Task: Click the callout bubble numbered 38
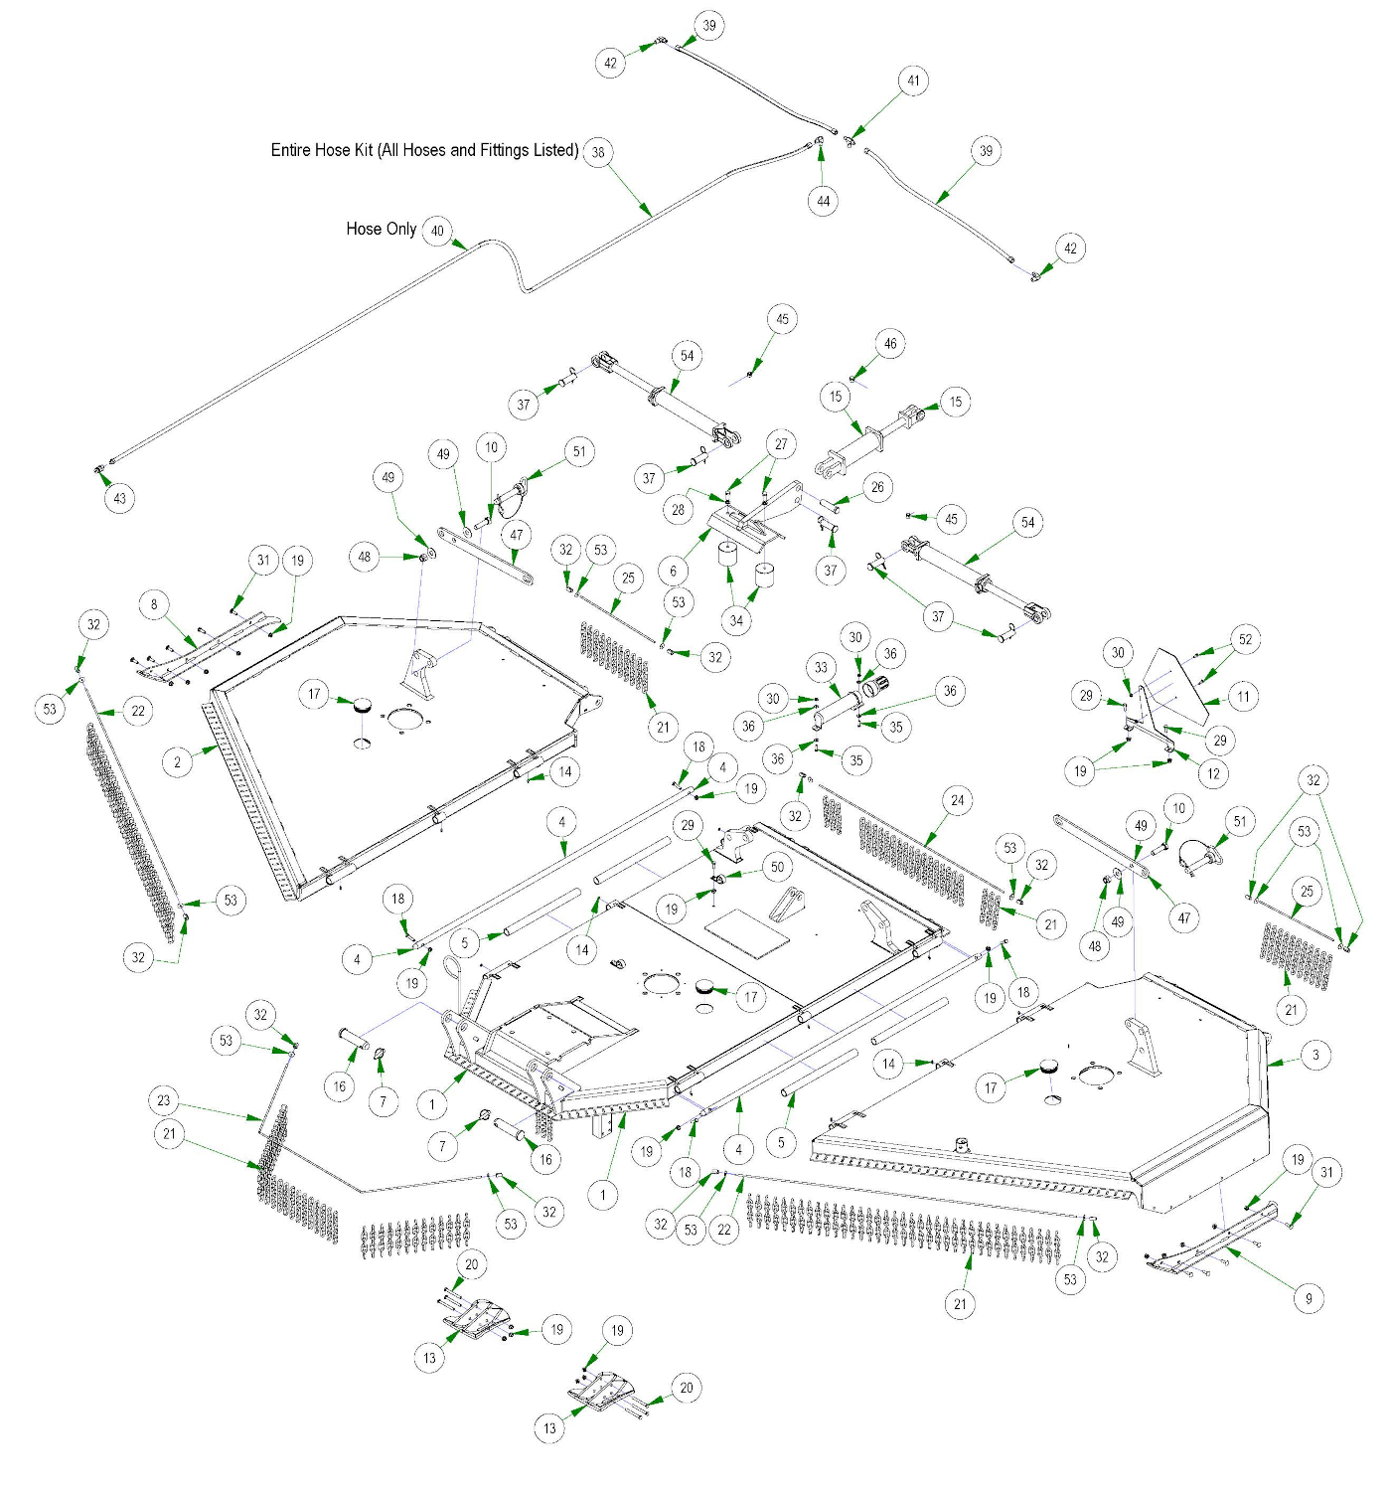coord(598,152)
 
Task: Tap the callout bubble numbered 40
coord(437,231)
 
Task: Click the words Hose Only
coord(381,229)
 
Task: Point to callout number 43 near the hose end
coord(120,498)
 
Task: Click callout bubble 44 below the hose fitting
coord(824,201)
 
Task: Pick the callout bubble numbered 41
coord(913,81)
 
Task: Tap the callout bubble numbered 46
coord(890,344)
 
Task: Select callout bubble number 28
coord(678,510)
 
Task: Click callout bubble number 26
coord(877,487)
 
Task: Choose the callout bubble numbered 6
coord(674,571)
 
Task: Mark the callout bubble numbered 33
coord(821,668)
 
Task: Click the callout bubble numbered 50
coord(777,867)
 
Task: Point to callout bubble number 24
coord(957,800)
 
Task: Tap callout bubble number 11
coord(1243,697)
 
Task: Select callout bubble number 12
coord(1213,773)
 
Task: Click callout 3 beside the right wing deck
coord(1315,1056)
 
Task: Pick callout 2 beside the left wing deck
coord(178,762)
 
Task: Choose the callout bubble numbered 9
coord(1309,1298)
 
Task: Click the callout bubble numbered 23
coord(164,1100)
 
